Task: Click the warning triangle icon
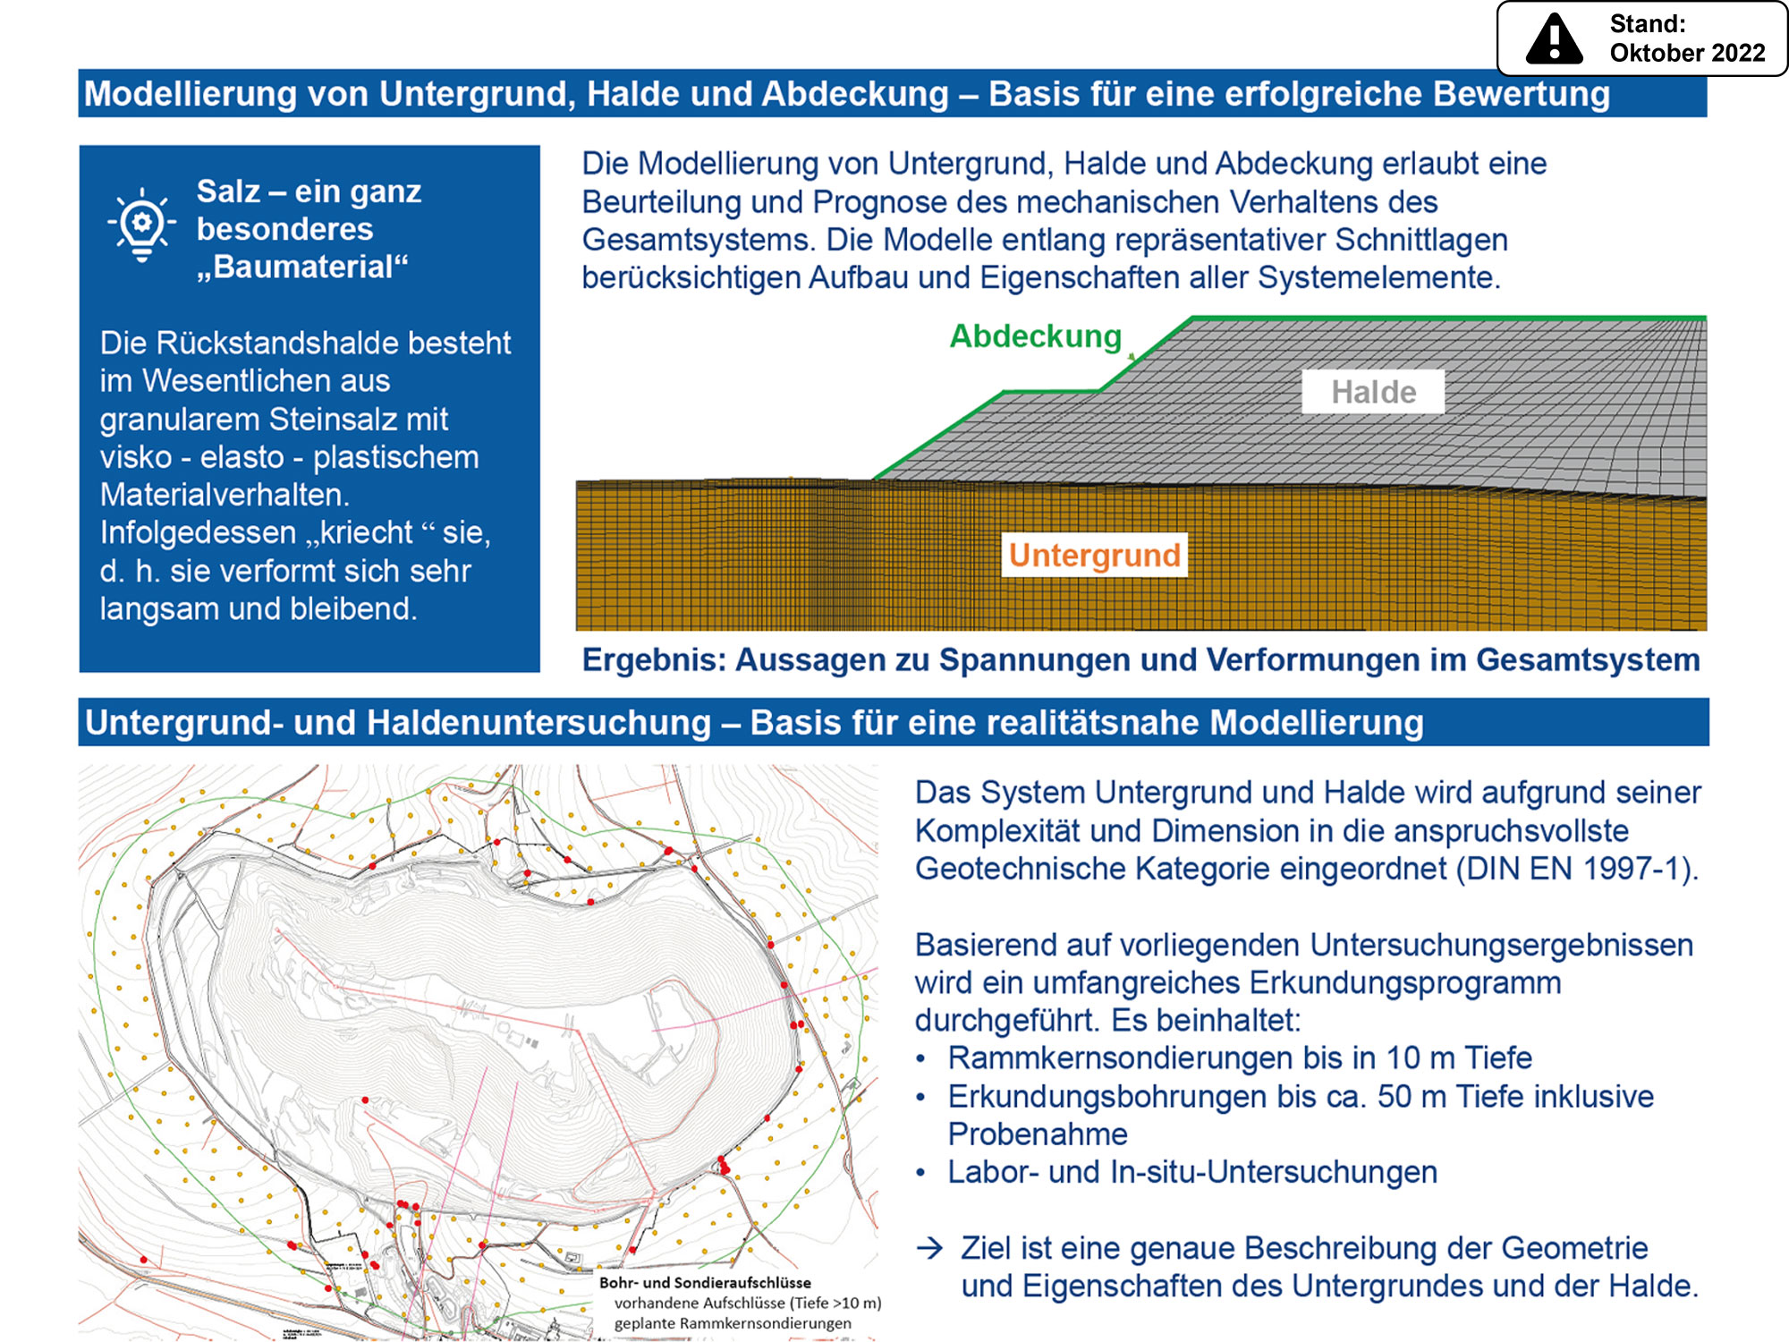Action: point(1554,40)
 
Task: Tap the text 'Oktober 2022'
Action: point(1687,53)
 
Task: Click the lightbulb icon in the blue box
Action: point(141,225)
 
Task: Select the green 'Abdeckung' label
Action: point(1035,336)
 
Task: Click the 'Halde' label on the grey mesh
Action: point(1373,392)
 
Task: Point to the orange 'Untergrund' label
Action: point(1094,555)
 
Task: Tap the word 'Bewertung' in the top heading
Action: point(1521,94)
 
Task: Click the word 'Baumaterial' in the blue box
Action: point(303,267)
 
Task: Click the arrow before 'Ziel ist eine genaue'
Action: point(930,1248)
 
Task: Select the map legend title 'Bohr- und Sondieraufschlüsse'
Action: point(705,1283)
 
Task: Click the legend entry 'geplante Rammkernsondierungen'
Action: point(733,1323)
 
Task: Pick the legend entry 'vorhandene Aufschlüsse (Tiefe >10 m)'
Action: point(747,1303)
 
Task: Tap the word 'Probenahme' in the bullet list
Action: point(1038,1134)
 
